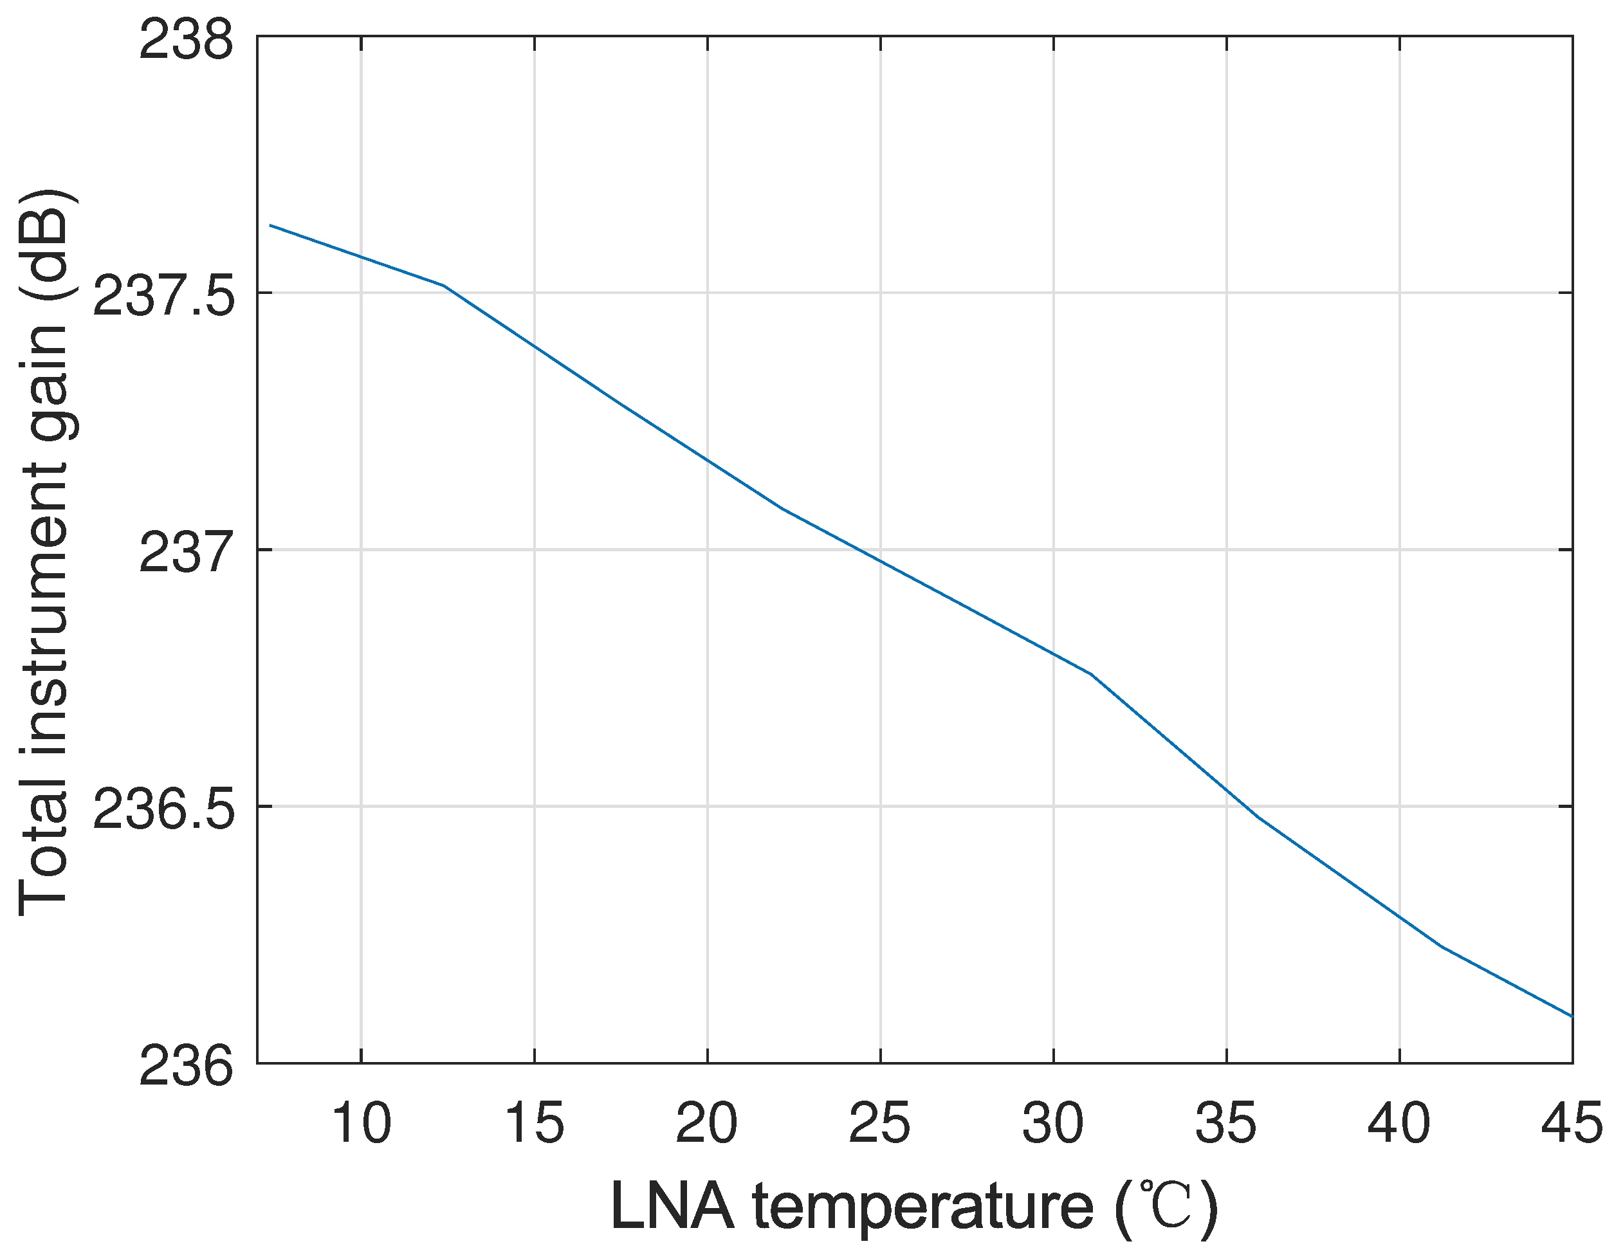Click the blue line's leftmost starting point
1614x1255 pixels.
click(x=270, y=224)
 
